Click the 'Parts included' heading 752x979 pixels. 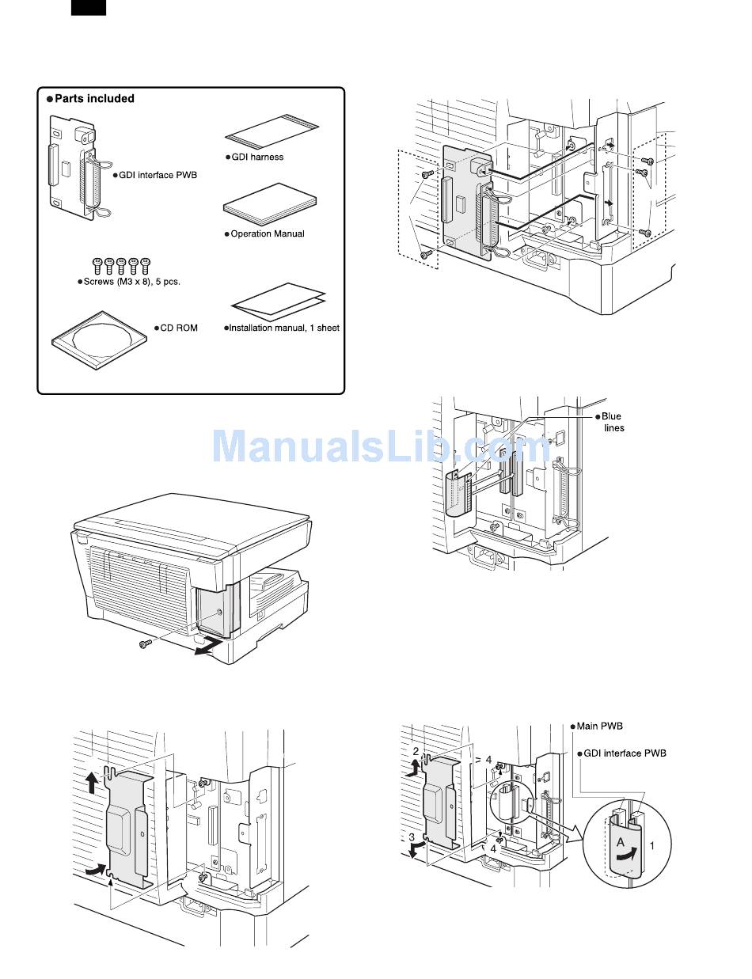(94, 99)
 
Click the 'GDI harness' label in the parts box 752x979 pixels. (256, 157)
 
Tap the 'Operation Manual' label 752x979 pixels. (267, 233)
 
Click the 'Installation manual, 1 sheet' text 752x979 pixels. (283, 328)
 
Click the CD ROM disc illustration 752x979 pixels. (99, 338)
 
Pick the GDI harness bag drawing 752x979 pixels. (272, 130)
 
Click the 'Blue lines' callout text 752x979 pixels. (612, 422)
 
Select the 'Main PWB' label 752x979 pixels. (602, 726)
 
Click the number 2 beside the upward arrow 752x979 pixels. (416, 749)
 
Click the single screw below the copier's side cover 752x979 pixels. (146, 645)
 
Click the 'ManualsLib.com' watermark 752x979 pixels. (380, 446)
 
